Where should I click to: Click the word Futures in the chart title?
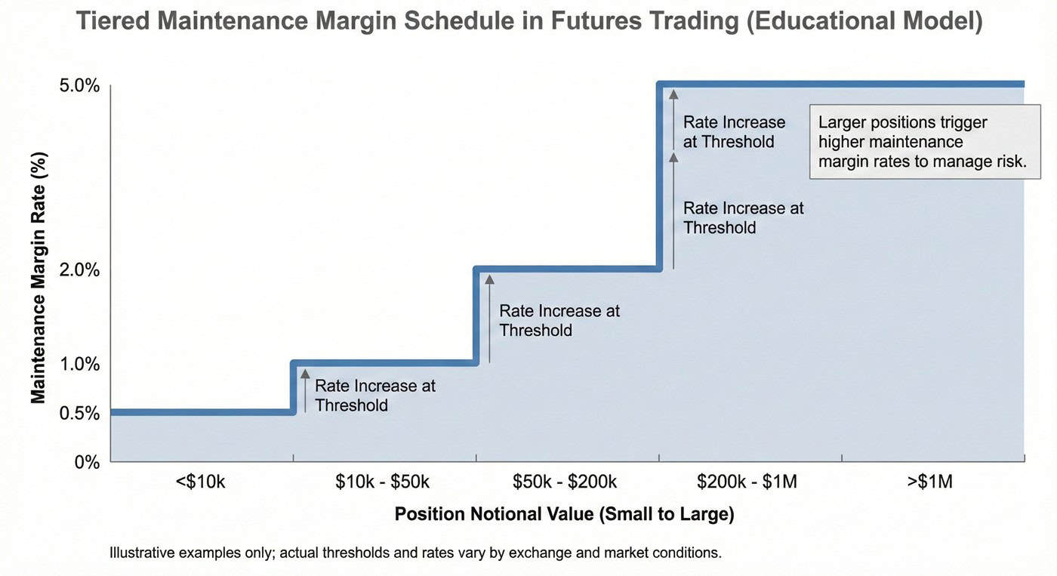[595, 21]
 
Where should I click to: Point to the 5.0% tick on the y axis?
[79, 85]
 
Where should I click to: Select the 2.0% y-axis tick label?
[79, 270]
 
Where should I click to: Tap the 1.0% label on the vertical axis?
[79, 364]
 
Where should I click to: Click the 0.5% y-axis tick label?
[79, 413]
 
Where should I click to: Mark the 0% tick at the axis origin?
[87, 462]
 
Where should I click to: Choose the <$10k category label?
[200, 482]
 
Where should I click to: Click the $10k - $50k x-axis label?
[383, 482]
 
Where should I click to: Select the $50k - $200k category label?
[565, 482]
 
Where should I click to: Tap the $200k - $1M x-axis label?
[747, 482]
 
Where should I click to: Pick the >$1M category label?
[930, 482]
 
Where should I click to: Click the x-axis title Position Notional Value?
[564, 514]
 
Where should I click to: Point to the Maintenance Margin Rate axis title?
[39, 278]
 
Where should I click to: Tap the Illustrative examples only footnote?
[415, 553]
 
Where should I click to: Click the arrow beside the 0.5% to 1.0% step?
[305, 390]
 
